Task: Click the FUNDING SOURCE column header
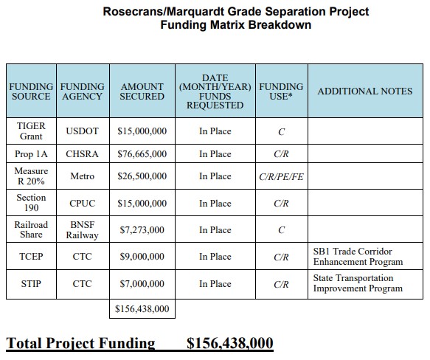click(x=30, y=91)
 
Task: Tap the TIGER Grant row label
click(x=30, y=131)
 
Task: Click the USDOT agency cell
click(x=83, y=131)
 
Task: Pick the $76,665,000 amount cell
click(x=142, y=155)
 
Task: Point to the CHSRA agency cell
click(x=83, y=155)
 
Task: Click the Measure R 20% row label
click(x=30, y=177)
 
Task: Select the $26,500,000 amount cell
click(x=142, y=177)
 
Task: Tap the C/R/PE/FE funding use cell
click(x=281, y=177)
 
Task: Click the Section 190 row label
click(x=30, y=203)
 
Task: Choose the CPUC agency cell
click(x=83, y=204)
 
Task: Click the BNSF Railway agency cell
click(x=83, y=229)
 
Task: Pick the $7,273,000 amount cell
click(x=142, y=230)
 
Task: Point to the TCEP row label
click(x=30, y=257)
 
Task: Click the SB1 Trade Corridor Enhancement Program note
click(x=358, y=257)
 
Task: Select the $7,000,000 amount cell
click(x=142, y=284)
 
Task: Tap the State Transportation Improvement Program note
click(x=358, y=283)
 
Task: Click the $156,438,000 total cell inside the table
click(x=142, y=308)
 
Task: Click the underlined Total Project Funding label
click(x=81, y=344)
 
